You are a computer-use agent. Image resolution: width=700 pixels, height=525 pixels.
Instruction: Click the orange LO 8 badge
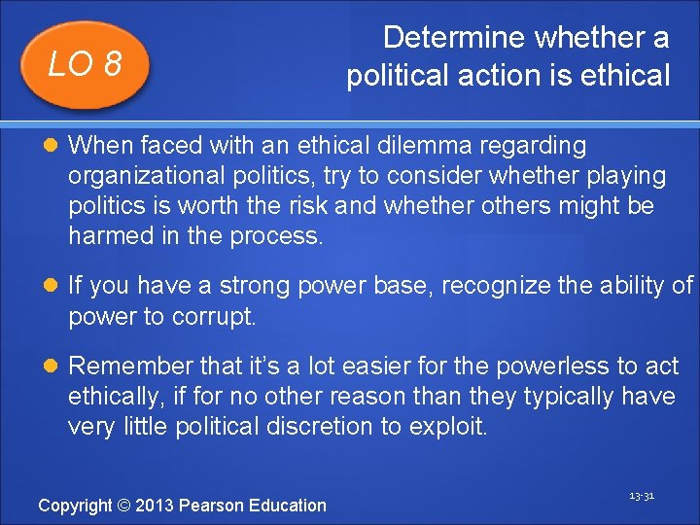[x=85, y=65]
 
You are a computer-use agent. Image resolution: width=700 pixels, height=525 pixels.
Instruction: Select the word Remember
[x=132, y=366]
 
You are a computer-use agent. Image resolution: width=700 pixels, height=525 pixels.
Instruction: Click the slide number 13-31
[x=641, y=496]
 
